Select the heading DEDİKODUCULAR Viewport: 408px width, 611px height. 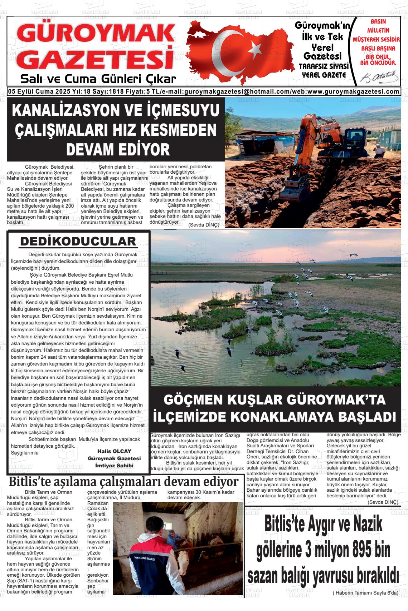(x=78, y=242)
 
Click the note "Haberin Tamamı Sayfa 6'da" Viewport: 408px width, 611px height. (x=365, y=593)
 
